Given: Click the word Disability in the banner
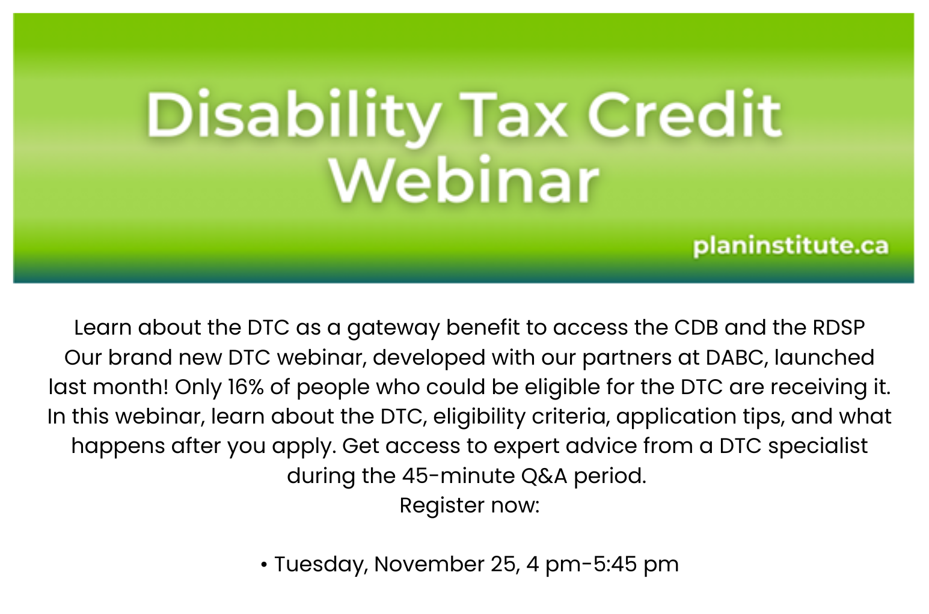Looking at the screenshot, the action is point(292,117).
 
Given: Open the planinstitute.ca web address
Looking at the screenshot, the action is point(791,246).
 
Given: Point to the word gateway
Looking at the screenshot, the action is point(393,329).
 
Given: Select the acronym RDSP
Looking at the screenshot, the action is point(839,327).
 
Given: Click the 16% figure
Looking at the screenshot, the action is point(246,387).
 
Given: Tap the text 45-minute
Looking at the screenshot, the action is point(458,476).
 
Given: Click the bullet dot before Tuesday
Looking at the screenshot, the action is point(263,565).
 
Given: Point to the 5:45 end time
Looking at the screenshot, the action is point(615,564).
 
